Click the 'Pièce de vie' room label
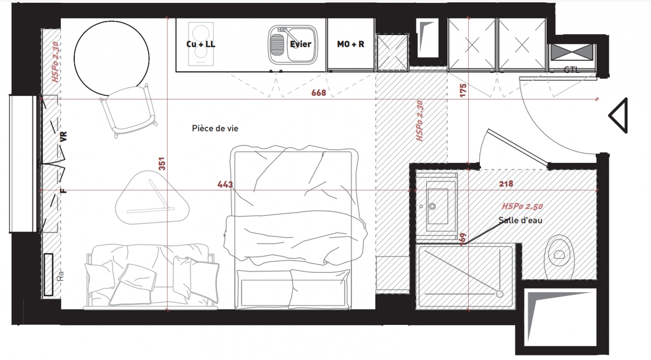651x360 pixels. (x=215, y=128)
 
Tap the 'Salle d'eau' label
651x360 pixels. (x=520, y=220)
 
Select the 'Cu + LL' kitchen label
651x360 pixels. (x=201, y=44)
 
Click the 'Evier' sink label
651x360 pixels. (x=300, y=44)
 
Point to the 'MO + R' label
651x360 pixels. (x=351, y=44)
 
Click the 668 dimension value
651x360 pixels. (x=319, y=93)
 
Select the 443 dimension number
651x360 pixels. (x=225, y=184)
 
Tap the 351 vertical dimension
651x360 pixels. (x=162, y=164)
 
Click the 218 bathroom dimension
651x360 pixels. (x=506, y=184)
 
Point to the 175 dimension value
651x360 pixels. (x=463, y=90)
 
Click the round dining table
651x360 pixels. (x=112, y=58)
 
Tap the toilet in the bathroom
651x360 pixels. (x=559, y=257)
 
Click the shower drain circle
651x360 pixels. (x=500, y=294)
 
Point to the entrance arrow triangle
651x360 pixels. (x=618, y=116)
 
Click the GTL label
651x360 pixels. (x=571, y=70)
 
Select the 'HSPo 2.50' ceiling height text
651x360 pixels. (x=522, y=206)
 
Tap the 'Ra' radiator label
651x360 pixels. (x=60, y=276)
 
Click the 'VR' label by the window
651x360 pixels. (x=63, y=136)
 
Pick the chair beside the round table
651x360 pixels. (x=129, y=110)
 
